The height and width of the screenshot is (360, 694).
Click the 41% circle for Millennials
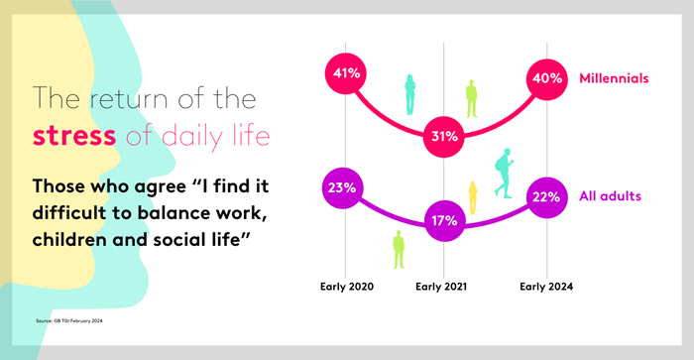pos(345,73)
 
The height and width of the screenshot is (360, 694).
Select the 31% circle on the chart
pos(443,137)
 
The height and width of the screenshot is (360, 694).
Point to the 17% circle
pos(443,219)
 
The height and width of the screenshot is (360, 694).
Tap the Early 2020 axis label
pos(346,286)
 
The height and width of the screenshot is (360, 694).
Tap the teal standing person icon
pos(409,94)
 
